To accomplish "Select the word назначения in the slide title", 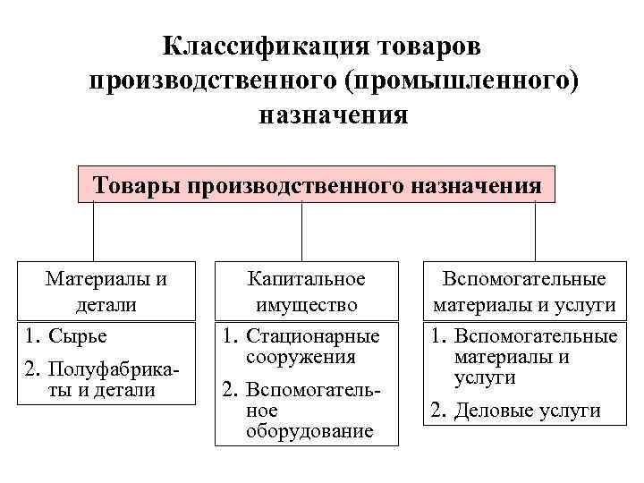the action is [x=334, y=115].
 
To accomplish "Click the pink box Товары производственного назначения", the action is [x=317, y=186].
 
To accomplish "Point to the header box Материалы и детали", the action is [x=106, y=291].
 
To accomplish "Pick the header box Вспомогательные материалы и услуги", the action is [x=524, y=291].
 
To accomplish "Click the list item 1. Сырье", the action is [x=66, y=337].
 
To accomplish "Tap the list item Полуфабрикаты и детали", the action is [x=103, y=379].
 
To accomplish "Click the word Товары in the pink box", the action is [x=139, y=186].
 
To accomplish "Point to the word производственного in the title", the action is [x=211, y=80].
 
